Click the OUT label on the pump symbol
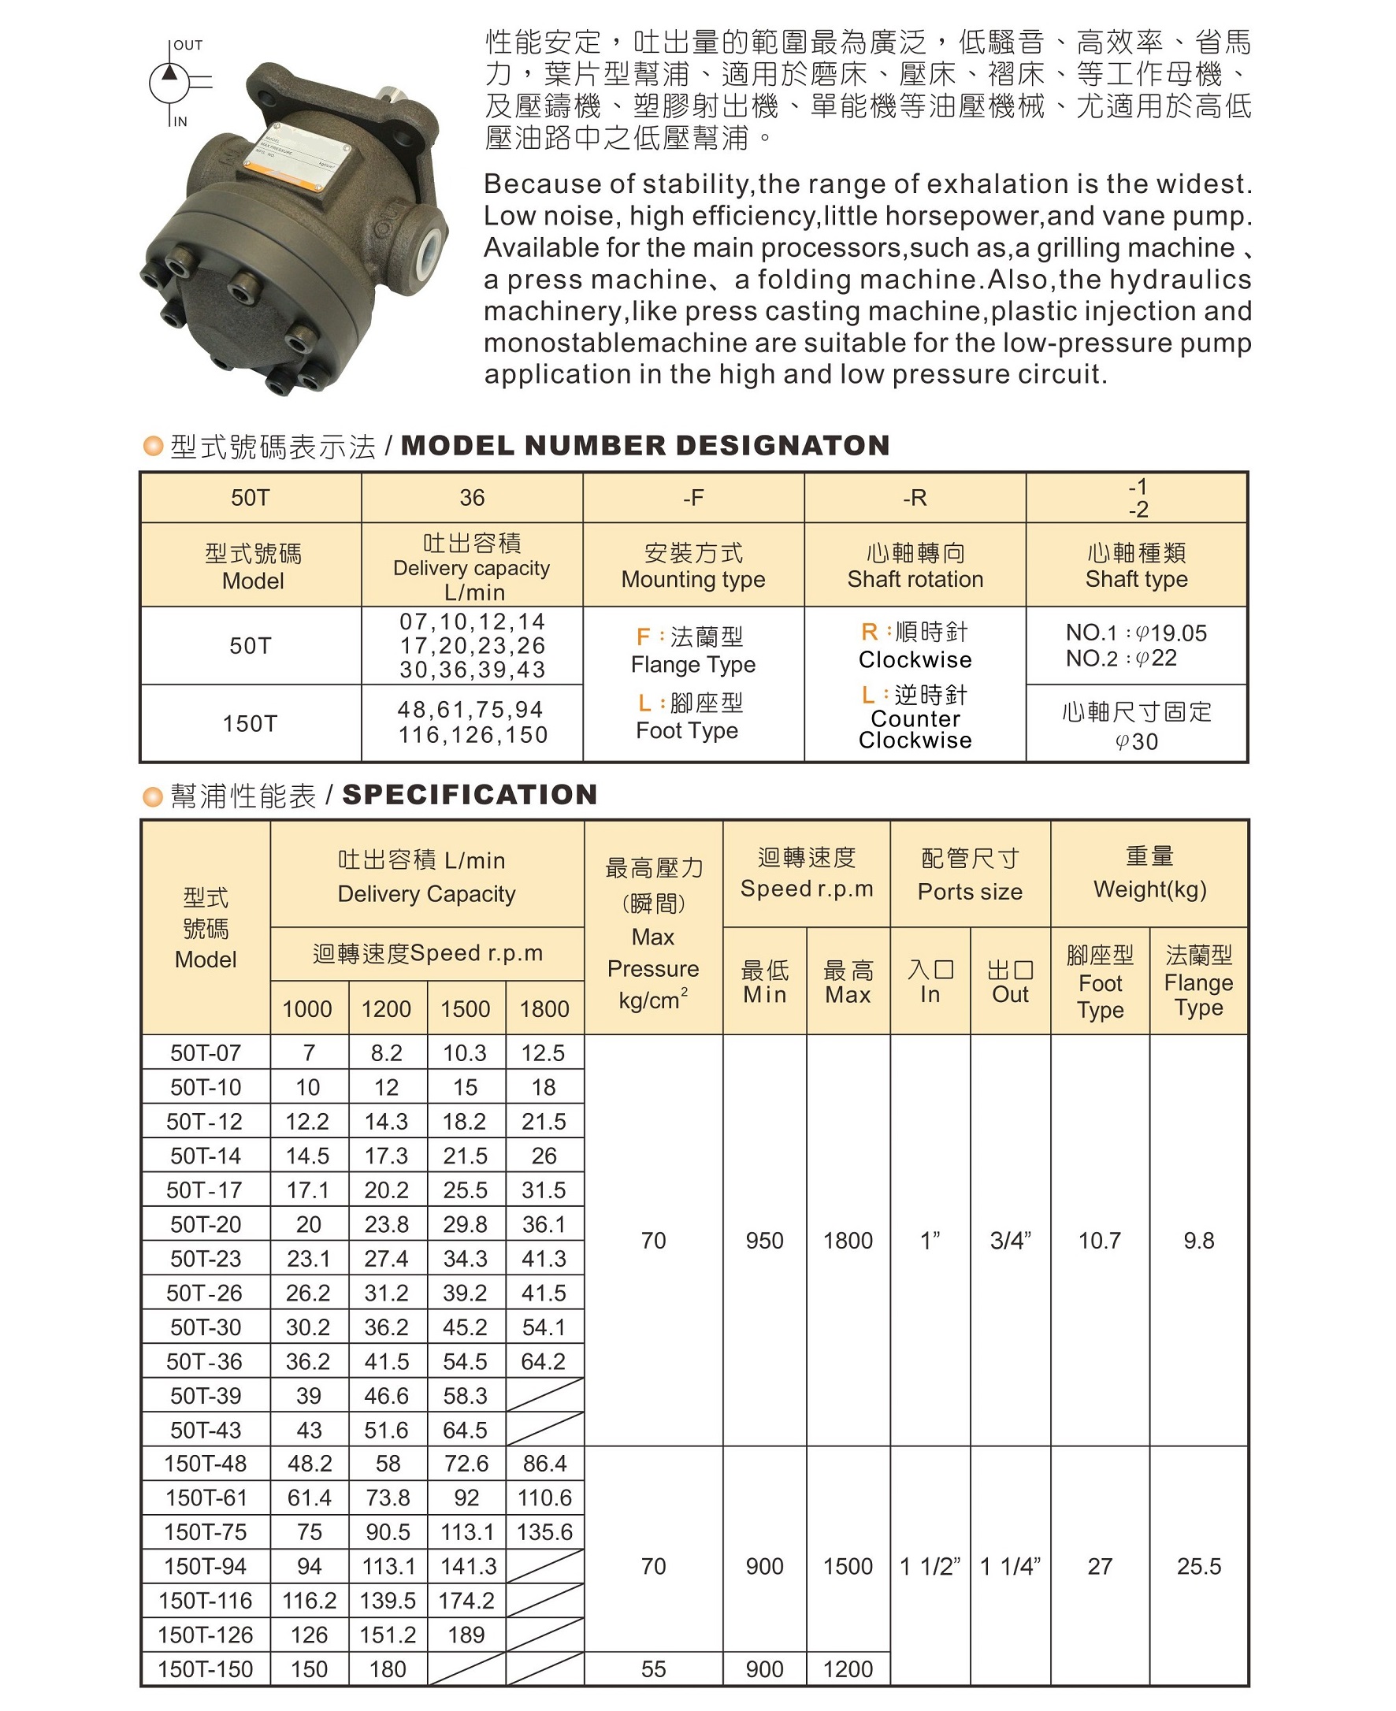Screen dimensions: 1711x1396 [x=188, y=46]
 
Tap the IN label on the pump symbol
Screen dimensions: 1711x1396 [x=180, y=121]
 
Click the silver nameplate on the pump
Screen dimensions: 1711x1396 [x=299, y=156]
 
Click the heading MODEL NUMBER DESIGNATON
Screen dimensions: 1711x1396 [x=645, y=445]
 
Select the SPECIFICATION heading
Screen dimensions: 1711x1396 [x=470, y=794]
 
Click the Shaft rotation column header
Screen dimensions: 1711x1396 [x=915, y=579]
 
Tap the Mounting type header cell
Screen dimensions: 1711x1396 [x=693, y=579]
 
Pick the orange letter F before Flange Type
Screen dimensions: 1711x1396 [x=644, y=637]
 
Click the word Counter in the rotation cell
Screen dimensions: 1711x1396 [x=915, y=718]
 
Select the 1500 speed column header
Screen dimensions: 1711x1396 [x=466, y=1008]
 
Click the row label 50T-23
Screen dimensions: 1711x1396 [x=206, y=1258]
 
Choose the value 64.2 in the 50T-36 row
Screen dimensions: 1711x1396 [x=544, y=1361]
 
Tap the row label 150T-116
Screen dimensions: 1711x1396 [x=206, y=1600]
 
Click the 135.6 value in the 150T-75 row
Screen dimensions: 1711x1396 [x=544, y=1531]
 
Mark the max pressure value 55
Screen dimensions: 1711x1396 [x=653, y=1668]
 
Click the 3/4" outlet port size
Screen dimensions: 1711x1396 [x=1010, y=1241]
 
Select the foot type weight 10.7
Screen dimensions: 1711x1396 [x=1099, y=1241]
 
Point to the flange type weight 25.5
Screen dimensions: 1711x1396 [x=1198, y=1566]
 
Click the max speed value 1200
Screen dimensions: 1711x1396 [x=848, y=1668]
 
